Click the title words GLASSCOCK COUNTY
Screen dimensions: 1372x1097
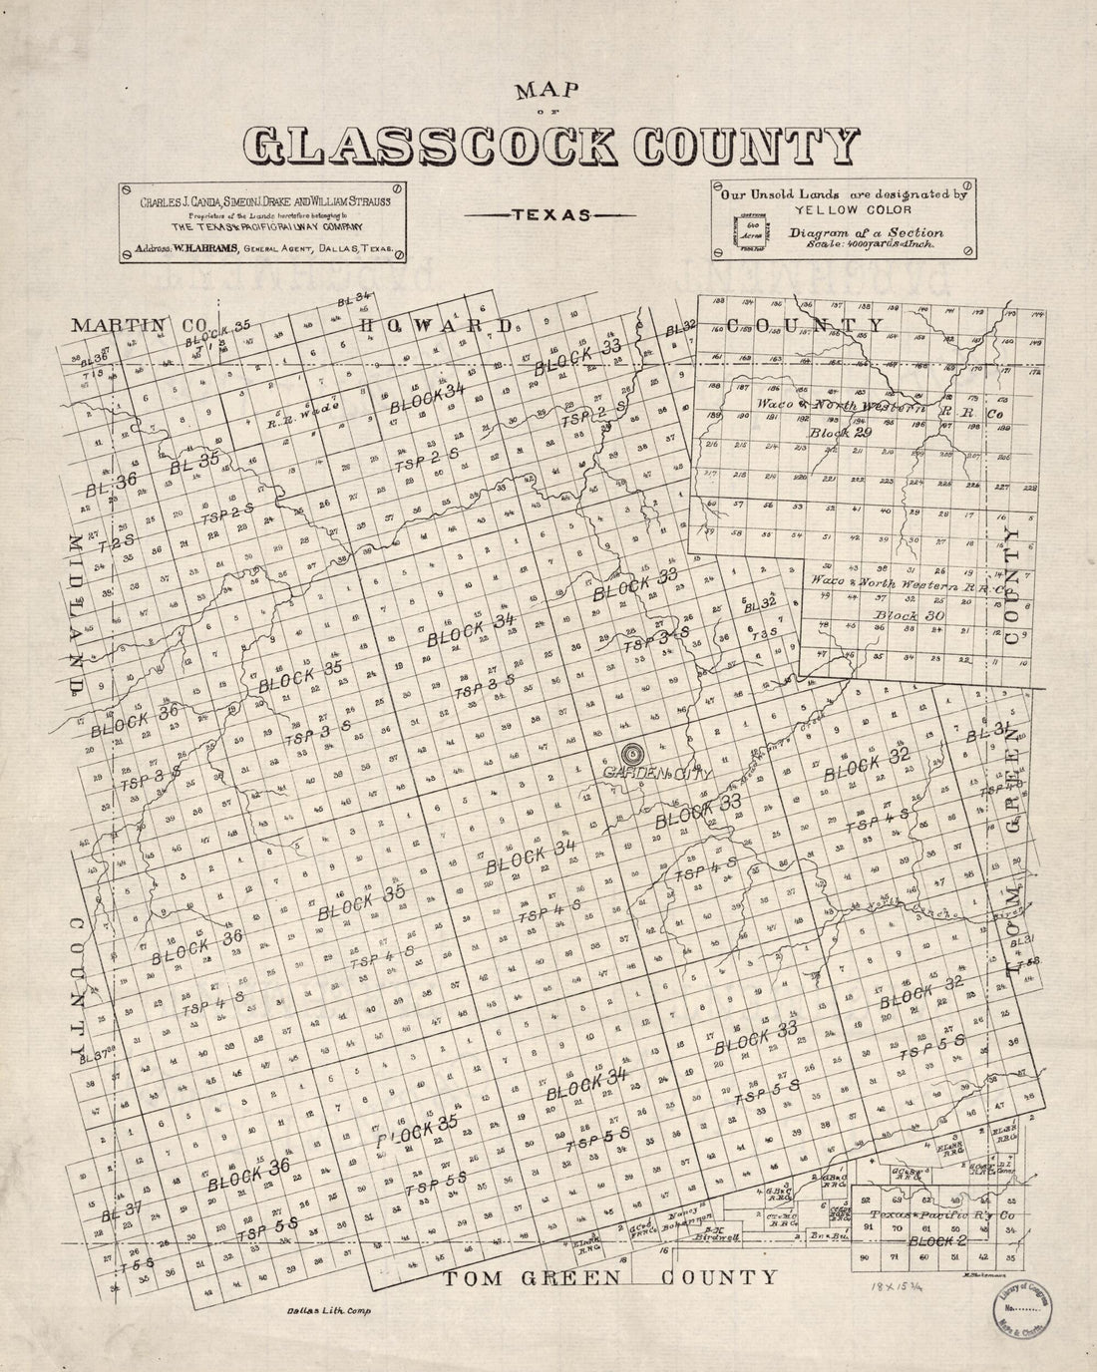[549, 148]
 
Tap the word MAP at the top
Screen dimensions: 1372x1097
[548, 93]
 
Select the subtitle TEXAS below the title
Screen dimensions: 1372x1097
[548, 213]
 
